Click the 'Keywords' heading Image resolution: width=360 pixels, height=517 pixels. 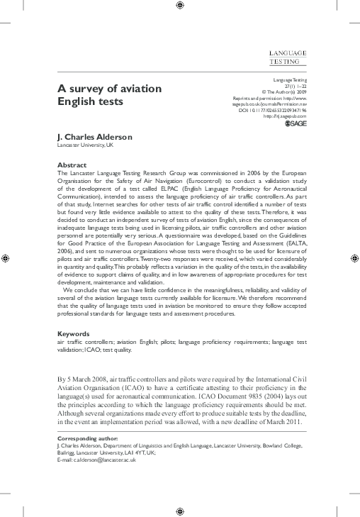pos(73,333)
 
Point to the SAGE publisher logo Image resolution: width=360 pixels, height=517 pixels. pos(294,124)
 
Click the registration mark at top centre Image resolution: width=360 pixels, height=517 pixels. pos(180,6)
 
